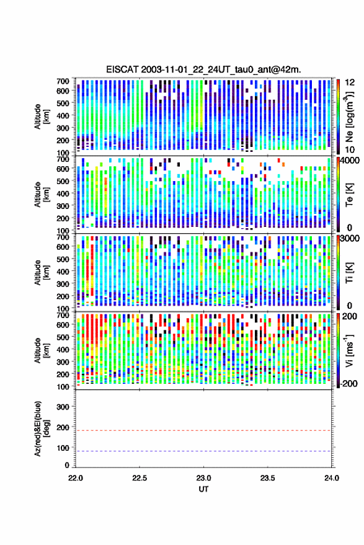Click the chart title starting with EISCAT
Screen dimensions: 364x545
(203, 69)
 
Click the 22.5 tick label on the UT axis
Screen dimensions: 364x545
(140, 478)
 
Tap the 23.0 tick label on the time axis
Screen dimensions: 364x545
(203, 478)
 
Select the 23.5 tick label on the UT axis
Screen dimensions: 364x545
(267, 478)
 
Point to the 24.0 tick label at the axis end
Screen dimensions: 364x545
(331, 478)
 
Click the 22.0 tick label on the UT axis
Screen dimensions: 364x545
(76, 478)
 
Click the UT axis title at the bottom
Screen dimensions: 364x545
(203, 489)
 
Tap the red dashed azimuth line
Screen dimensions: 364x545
(203, 430)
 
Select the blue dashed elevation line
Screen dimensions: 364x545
(203, 451)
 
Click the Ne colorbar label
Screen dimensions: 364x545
(349, 117)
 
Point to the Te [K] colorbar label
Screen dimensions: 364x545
(349, 195)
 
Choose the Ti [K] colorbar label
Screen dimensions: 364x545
(349, 273)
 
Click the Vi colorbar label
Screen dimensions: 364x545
(349, 350)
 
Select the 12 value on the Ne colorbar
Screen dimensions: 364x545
(350, 82)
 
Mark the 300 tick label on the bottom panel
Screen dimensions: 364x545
(63, 407)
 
